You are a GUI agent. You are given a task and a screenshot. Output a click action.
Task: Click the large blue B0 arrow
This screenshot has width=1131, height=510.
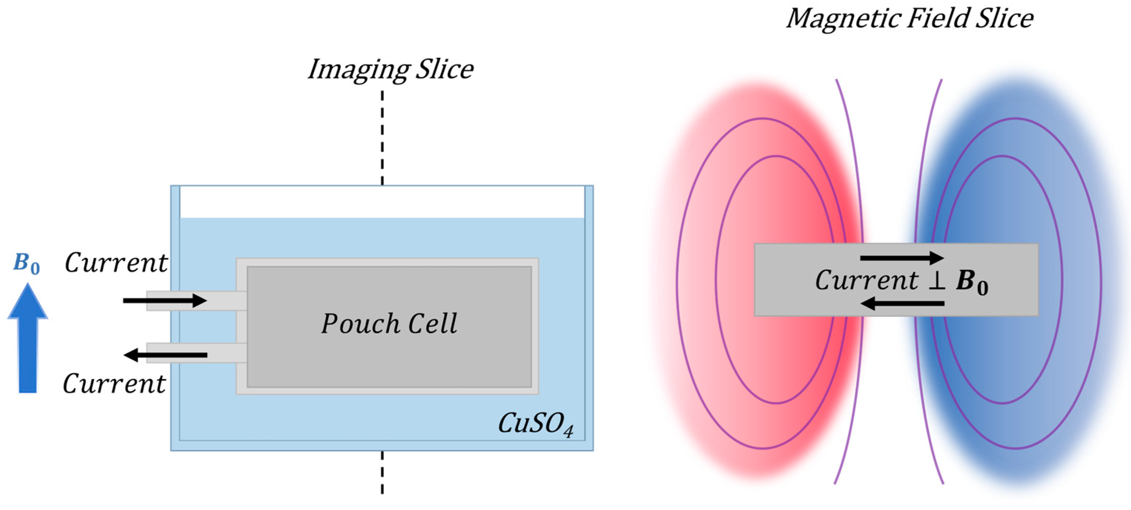click(28, 343)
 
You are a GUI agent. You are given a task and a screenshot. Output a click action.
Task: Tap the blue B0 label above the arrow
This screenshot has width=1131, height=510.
click(26, 264)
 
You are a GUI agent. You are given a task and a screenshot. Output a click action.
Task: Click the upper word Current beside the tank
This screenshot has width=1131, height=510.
click(116, 263)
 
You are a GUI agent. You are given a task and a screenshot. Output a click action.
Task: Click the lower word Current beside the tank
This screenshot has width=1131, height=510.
click(114, 384)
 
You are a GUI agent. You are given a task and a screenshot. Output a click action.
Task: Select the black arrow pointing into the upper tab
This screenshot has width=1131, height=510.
click(165, 300)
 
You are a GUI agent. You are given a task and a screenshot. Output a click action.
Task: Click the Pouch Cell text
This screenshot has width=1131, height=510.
click(389, 324)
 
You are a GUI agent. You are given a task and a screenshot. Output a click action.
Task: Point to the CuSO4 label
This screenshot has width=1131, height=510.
click(535, 424)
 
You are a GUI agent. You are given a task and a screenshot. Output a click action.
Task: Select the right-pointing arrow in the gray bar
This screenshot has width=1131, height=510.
click(902, 258)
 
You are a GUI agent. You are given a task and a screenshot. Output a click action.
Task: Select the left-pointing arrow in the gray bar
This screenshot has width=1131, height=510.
click(902, 303)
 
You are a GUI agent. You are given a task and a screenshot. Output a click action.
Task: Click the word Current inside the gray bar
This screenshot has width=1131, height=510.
click(866, 281)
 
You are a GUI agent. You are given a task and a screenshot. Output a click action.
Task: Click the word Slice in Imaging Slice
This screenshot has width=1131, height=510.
click(444, 70)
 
